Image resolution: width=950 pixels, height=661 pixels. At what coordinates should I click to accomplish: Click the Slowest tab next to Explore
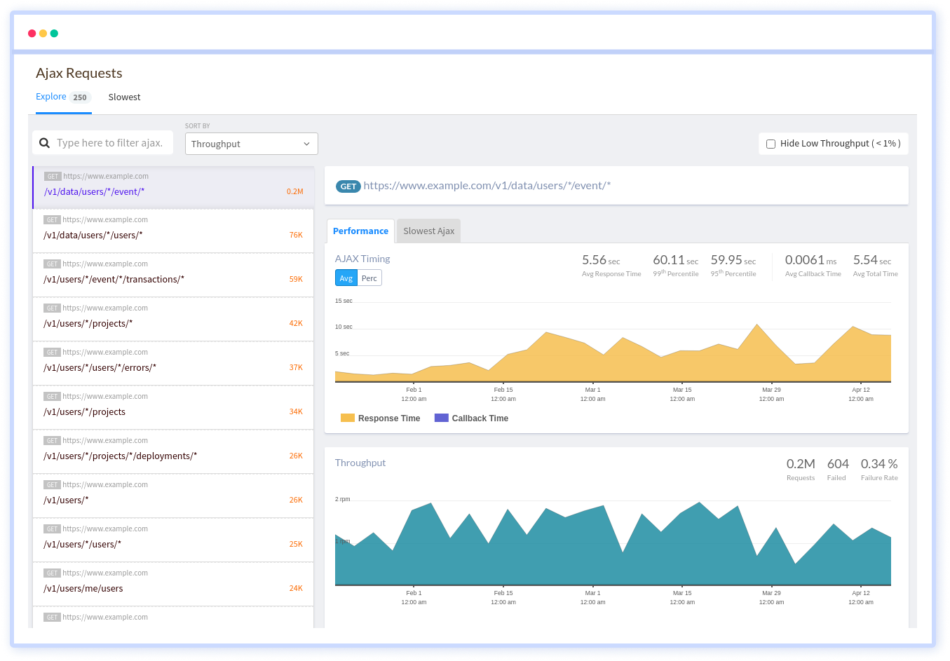[x=124, y=97]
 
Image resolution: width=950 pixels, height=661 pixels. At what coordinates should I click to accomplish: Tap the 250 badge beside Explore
[x=80, y=97]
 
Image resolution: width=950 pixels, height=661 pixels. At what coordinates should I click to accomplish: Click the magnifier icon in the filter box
[x=44, y=143]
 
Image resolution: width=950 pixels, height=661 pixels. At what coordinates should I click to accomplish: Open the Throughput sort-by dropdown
[x=251, y=144]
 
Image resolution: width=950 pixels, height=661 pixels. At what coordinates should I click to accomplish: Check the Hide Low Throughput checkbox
[x=771, y=144]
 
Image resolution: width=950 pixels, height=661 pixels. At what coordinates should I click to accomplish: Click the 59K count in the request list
[x=296, y=279]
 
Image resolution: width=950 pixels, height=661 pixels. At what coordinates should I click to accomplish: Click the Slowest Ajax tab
[x=428, y=231]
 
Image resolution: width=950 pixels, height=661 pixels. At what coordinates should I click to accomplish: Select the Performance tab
[x=360, y=231]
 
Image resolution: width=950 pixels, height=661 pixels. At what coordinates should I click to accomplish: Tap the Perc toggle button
[x=369, y=278]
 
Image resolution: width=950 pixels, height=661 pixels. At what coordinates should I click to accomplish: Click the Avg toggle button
[x=346, y=278]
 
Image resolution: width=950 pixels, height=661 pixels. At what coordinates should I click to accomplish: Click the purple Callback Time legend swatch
[x=441, y=418]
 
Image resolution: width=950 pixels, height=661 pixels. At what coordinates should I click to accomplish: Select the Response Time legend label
[x=389, y=418]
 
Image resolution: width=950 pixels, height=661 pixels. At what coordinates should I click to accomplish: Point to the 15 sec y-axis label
[x=344, y=301]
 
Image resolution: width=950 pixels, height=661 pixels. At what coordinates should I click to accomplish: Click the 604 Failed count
[x=838, y=464]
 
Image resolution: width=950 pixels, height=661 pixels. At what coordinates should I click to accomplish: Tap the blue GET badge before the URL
[x=348, y=186]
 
